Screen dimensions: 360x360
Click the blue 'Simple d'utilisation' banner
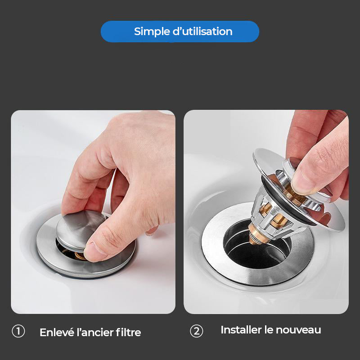180,31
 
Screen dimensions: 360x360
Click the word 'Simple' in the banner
152,31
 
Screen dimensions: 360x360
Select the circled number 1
18,332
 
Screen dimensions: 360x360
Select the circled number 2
196,331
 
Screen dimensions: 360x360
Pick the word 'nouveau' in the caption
300,330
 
